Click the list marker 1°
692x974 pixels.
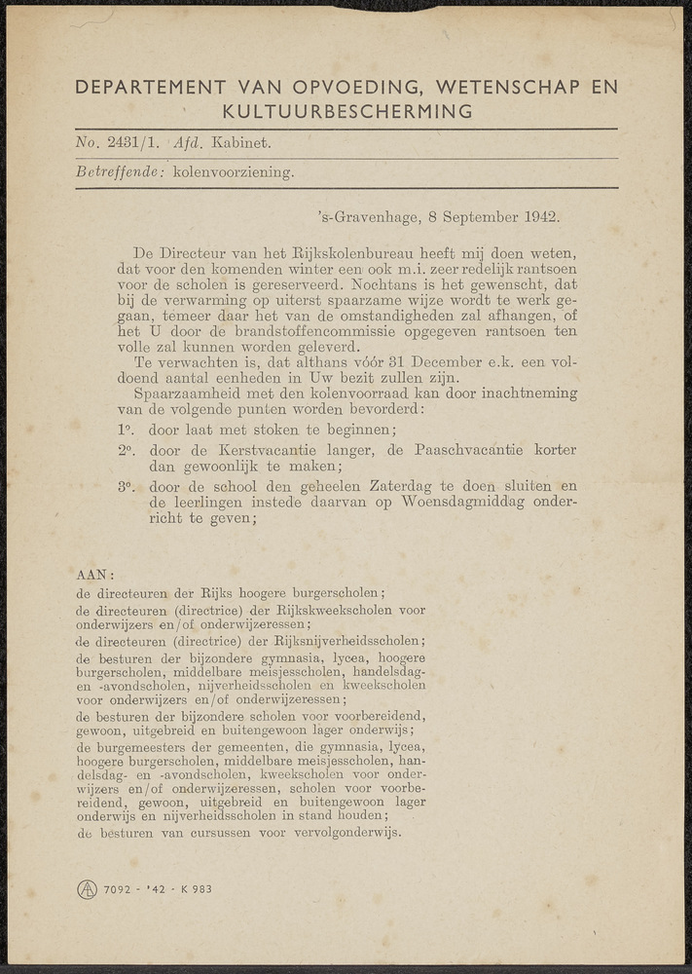tap(125, 430)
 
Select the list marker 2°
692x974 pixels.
tap(125, 450)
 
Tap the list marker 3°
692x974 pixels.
tap(125, 485)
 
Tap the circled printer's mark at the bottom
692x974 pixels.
tap(88, 888)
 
